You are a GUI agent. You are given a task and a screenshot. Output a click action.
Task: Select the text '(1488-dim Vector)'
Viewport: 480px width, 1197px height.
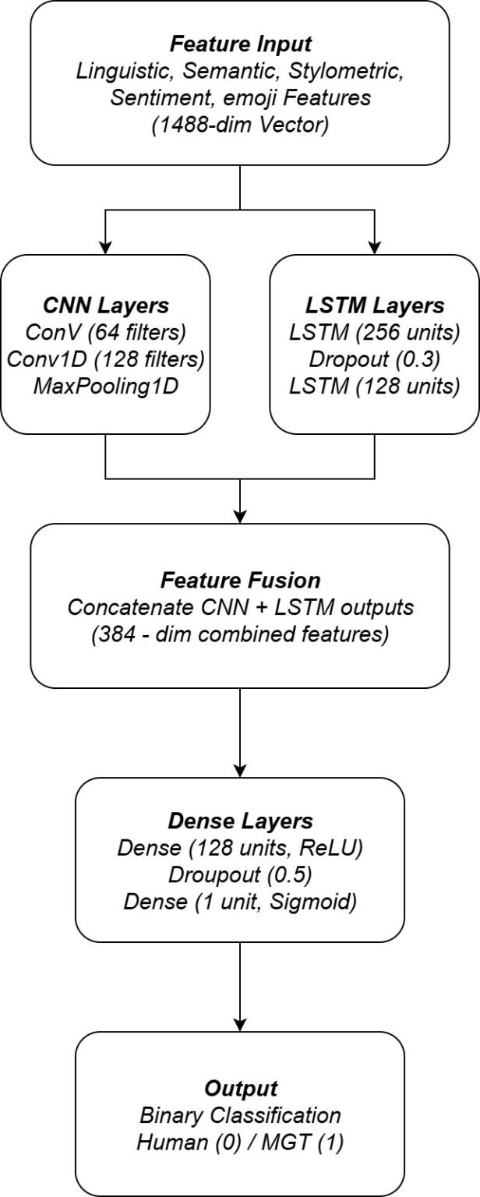(x=239, y=123)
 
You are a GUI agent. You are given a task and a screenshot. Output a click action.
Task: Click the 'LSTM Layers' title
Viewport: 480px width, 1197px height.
(x=375, y=305)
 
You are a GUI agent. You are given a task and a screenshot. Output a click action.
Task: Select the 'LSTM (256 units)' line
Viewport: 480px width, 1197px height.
(x=375, y=333)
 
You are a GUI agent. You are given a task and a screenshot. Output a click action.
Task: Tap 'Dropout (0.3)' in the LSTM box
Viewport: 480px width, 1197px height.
(x=375, y=359)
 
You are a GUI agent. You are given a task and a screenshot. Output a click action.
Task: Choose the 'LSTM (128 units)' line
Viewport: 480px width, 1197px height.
(x=375, y=386)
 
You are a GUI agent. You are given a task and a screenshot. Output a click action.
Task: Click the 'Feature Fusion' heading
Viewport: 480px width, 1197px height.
(x=239, y=581)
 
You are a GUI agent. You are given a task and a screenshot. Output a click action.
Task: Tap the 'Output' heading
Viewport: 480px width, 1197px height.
(x=239, y=1088)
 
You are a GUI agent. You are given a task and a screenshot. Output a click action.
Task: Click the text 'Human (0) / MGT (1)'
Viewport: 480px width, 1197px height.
(x=239, y=1142)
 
